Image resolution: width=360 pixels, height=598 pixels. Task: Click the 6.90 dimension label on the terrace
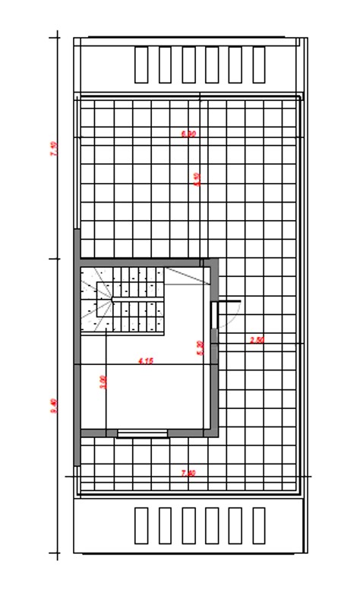(189, 134)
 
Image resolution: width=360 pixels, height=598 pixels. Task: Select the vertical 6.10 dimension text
(197, 179)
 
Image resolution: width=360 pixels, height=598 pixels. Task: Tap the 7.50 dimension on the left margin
(53, 149)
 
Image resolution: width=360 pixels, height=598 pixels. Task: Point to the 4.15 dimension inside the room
(146, 361)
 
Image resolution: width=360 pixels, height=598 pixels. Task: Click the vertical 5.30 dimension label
(200, 348)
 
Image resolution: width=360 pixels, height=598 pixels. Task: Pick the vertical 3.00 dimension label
(103, 382)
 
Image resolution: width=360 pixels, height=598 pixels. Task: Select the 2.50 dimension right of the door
(257, 340)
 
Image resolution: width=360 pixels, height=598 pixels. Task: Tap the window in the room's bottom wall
(142, 433)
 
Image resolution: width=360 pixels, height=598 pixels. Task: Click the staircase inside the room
(123, 300)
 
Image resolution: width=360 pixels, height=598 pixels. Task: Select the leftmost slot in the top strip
(141, 65)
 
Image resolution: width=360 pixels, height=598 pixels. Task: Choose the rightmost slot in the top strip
(259, 65)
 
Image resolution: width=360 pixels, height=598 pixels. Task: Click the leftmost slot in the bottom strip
(141, 525)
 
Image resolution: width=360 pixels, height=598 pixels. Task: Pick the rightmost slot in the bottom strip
(259, 525)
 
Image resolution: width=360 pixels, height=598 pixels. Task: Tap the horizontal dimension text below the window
(189, 473)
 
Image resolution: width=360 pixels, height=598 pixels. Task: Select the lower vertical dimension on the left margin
(53, 406)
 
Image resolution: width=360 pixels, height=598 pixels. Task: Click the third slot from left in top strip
(188, 65)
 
